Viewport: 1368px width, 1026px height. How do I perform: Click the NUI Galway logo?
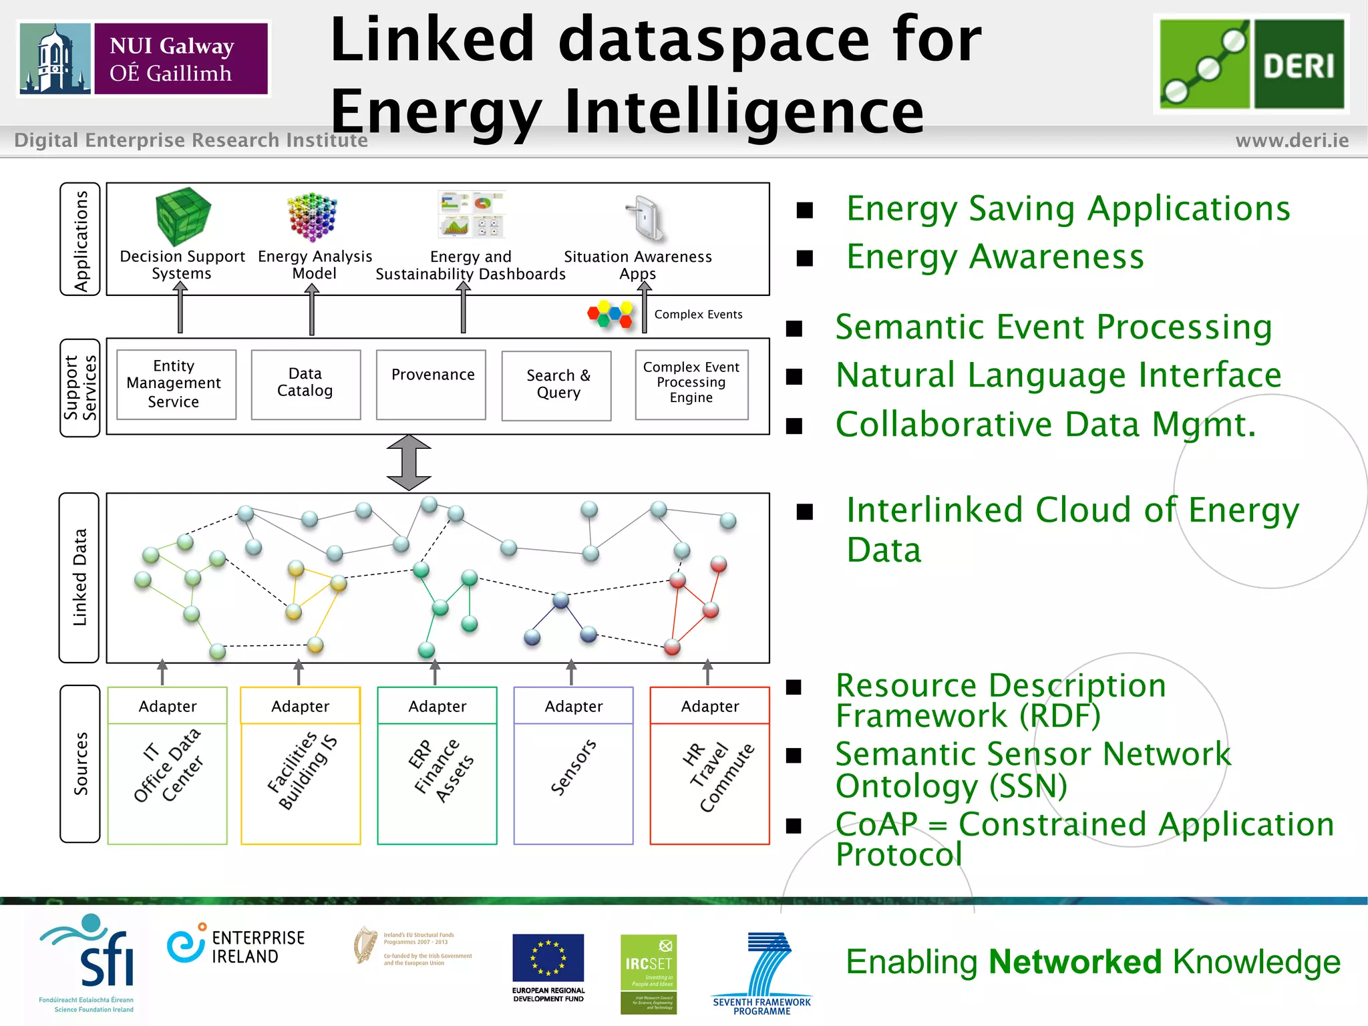(144, 59)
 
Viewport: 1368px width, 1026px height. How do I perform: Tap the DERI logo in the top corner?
(1251, 64)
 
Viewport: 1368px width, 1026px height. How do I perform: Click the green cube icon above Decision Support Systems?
(182, 215)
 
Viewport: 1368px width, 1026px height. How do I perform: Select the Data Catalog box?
(305, 384)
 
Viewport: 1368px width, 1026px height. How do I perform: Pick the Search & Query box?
(556, 385)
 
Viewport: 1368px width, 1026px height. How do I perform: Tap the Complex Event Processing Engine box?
(691, 384)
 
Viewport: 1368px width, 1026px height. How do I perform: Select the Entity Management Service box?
(176, 384)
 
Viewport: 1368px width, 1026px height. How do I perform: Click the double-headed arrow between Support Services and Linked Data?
(409, 463)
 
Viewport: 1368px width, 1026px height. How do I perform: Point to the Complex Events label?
(698, 315)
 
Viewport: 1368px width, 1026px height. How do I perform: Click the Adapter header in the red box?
(709, 706)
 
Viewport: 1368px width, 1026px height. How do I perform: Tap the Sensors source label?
(573, 767)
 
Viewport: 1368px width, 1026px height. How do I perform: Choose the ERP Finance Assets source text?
(440, 769)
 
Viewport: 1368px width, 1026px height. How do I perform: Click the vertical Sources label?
(80, 763)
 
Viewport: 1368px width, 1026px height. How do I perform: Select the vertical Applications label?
(80, 240)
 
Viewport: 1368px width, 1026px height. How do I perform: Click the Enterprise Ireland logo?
(236, 946)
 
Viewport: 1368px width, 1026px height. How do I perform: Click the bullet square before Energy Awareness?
(804, 259)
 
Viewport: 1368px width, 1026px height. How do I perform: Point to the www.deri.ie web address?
(1292, 140)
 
